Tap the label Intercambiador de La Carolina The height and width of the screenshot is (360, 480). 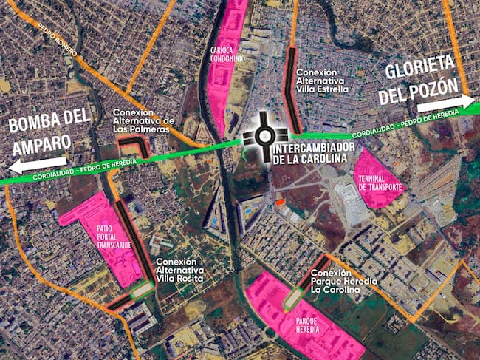(309, 154)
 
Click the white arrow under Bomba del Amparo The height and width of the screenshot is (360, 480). (39, 163)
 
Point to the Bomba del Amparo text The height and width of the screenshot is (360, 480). (49, 129)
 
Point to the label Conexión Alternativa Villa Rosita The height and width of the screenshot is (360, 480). (179, 271)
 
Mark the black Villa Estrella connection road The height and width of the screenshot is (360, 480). (291, 92)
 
